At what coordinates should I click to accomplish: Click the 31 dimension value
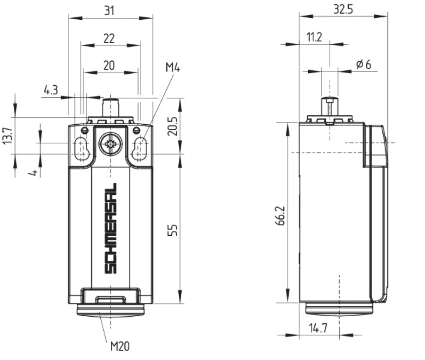(109, 11)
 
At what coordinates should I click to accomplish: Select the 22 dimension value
(109, 39)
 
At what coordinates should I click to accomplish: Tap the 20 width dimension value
(109, 65)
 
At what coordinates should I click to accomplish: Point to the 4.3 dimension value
(51, 90)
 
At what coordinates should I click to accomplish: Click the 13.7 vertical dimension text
(7, 136)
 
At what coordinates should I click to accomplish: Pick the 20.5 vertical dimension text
(172, 126)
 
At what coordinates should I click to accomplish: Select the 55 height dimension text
(172, 230)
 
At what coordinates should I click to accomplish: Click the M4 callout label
(173, 67)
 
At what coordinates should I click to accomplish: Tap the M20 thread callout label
(120, 346)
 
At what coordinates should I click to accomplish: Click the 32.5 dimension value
(343, 9)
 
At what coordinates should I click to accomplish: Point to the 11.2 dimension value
(314, 37)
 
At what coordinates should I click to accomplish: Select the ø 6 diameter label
(364, 65)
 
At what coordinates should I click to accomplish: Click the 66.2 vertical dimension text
(280, 216)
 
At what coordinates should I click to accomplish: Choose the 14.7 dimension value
(318, 328)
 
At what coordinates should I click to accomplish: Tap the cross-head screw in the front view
(110, 144)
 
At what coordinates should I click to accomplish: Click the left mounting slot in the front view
(81, 149)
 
